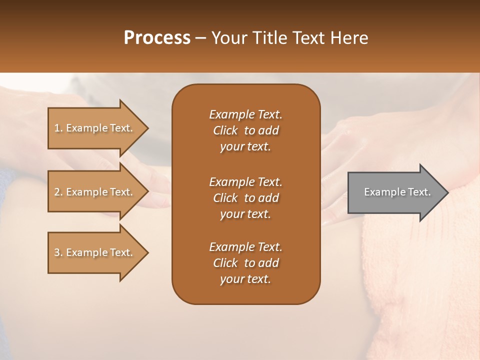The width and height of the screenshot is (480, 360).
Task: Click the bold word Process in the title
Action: pyautogui.click(x=157, y=38)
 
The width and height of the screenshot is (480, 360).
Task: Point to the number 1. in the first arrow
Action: pyautogui.click(x=58, y=128)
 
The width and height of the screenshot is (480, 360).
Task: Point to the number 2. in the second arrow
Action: pyautogui.click(x=58, y=192)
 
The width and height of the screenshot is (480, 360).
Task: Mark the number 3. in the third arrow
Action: pyautogui.click(x=58, y=252)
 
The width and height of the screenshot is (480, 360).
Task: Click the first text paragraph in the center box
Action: pyautogui.click(x=245, y=130)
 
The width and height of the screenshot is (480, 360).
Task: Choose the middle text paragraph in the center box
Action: pyautogui.click(x=245, y=197)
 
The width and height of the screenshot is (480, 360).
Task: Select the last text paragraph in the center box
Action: pyautogui.click(x=245, y=263)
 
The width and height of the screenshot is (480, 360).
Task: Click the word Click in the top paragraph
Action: pyautogui.click(x=225, y=130)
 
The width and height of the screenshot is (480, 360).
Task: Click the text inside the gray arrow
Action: pyautogui.click(x=397, y=192)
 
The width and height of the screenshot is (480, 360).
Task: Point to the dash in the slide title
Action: pyautogui.click(x=200, y=38)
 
